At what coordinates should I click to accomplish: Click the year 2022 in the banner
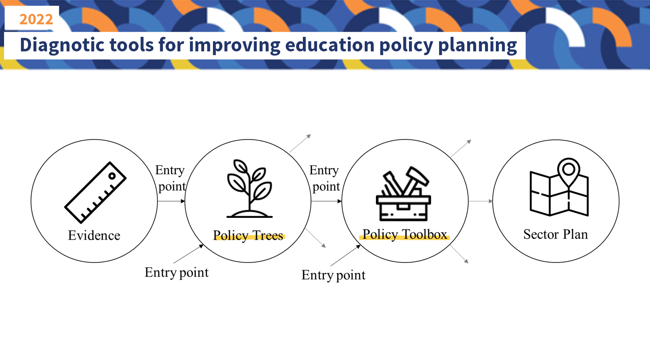click(36, 19)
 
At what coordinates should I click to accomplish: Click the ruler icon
click(95, 192)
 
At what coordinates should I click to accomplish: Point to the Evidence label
click(94, 235)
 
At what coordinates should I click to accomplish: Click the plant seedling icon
click(249, 188)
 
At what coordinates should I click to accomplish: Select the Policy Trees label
click(248, 235)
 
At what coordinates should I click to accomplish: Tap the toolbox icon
click(404, 194)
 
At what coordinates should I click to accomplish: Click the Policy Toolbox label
click(405, 234)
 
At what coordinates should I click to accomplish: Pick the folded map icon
click(559, 187)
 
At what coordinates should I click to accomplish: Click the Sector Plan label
click(556, 234)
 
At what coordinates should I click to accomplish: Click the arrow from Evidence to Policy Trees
click(171, 201)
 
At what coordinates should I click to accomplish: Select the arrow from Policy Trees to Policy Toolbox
click(327, 201)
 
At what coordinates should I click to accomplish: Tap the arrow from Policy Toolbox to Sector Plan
click(481, 201)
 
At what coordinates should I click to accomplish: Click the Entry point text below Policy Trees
click(176, 272)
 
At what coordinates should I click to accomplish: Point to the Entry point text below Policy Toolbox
click(333, 275)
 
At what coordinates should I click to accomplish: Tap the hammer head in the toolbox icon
click(418, 176)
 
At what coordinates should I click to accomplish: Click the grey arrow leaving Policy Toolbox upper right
click(460, 148)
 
